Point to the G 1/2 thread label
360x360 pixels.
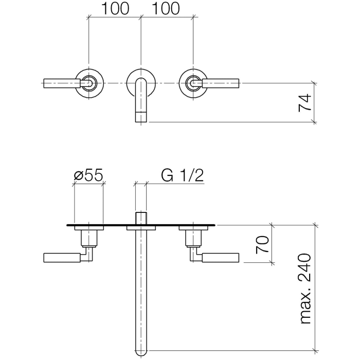tap(183, 175)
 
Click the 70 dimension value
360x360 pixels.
tap(263, 244)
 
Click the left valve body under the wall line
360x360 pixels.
tap(89, 238)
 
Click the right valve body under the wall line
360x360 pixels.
tap(193, 238)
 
